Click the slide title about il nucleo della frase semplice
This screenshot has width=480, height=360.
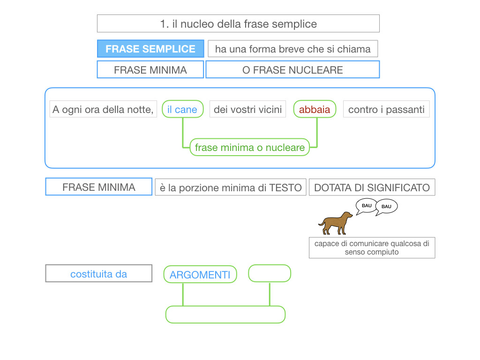(x=238, y=23)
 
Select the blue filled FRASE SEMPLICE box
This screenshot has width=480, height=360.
(x=150, y=49)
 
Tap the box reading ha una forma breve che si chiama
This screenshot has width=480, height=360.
(x=292, y=49)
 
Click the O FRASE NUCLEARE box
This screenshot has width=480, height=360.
(x=292, y=70)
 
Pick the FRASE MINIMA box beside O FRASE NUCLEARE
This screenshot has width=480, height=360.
(x=150, y=70)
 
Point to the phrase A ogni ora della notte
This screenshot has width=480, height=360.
(x=103, y=110)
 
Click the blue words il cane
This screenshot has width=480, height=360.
(x=182, y=110)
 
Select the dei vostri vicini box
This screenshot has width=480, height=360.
(x=247, y=110)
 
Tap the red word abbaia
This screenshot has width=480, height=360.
(x=315, y=110)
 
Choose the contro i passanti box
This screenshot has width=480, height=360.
(x=386, y=110)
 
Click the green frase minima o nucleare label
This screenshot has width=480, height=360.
(x=250, y=148)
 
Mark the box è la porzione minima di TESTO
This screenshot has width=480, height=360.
(x=231, y=187)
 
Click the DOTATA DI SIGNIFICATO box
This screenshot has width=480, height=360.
(x=372, y=187)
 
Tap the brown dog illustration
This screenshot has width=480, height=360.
(x=335, y=224)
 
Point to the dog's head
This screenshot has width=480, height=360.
(x=347, y=215)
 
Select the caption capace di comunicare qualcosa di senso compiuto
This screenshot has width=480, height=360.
(x=372, y=247)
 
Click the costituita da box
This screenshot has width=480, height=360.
(x=98, y=274)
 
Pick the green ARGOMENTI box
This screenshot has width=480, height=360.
(x=200, y=275)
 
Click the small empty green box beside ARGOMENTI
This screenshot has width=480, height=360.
(x=270, y=273)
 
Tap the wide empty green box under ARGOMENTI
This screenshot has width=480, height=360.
(x=225, y=315)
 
